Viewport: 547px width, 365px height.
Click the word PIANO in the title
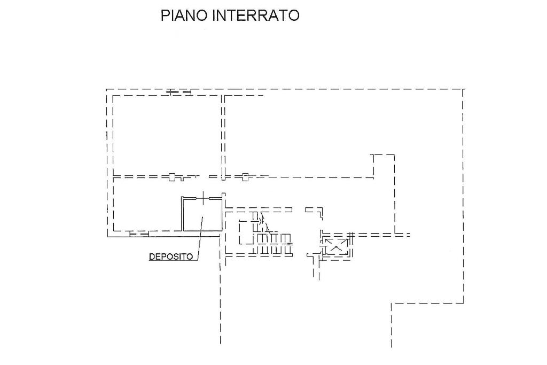(x=184, y=15)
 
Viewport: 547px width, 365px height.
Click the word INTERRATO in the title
(x=256, y=15)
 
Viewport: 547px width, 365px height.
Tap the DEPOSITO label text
(x=171, y=257)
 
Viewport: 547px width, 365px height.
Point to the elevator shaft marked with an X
(x=336, y=247)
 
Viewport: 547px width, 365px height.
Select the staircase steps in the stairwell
(x=274, y=243)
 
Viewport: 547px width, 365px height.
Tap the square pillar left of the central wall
(x=172, y=177)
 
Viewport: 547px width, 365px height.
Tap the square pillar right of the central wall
(x=245, y=177)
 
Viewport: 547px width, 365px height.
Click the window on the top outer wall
(x=179, y=92)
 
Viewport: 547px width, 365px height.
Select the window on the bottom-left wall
(x=139, y=234)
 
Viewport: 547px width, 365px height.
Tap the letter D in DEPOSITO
(x=152, y=257)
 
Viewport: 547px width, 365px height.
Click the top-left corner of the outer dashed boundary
(x=107, y=90)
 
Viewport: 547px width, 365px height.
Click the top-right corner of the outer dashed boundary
(x=463, y=89)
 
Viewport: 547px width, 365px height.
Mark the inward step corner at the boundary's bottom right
(x=392, y=303)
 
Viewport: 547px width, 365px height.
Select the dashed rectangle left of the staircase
(x=246, y=232)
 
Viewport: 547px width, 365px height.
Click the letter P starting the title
(x=165, y=15)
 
